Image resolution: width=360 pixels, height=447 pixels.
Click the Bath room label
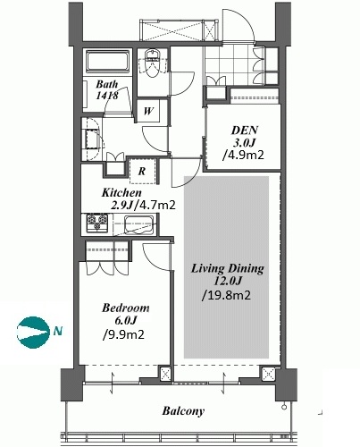coord(106,84)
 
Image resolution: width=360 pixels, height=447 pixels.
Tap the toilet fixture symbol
coord(153,63)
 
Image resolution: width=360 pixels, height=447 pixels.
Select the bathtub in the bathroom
coord(107,62)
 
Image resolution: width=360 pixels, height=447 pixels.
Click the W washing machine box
coord(148,111)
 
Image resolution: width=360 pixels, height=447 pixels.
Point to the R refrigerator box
coord(142,171)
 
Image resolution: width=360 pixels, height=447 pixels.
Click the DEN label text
coord(245,131)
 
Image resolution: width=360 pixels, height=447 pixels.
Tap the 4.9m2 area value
coord(244,155)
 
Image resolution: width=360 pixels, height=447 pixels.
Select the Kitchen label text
coord(121,193)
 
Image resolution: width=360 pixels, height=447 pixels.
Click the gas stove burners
coord(97,223)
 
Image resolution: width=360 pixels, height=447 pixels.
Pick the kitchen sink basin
coord(139,224)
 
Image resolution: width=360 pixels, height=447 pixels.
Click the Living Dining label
coord(227,268)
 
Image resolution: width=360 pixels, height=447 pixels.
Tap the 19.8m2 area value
coord(226,295)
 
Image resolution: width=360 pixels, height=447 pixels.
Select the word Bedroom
coord(125,308)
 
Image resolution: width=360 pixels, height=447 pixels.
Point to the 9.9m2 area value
coord(123,334)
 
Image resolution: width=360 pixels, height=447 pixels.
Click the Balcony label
coord(183,411)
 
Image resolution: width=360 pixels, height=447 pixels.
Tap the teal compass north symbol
coord(33,332)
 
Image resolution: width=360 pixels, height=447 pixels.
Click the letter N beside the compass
coord(58,331)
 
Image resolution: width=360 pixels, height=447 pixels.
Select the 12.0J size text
coord(227,281)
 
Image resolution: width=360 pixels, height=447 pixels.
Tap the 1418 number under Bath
coord(107,95)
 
